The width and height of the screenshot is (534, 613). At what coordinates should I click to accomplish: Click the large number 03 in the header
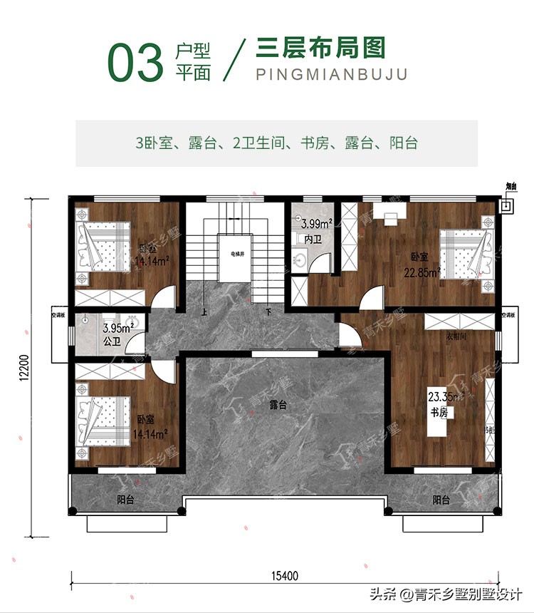(x=135, y=62)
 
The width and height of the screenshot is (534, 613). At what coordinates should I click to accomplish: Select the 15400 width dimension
(x=284, y=575)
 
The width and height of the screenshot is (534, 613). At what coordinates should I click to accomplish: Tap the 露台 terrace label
(x=278, y=405)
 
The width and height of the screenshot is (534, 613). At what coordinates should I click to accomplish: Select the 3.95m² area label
(x=118, y=329)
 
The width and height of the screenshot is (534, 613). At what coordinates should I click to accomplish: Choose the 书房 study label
(x=438, y=412)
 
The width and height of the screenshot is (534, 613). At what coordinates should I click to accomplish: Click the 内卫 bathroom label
(x=313, y=239)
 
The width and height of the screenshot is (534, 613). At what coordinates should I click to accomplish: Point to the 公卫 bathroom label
(x=111, y=343)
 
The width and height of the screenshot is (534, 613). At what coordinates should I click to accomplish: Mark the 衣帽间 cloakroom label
(x=456, y=336)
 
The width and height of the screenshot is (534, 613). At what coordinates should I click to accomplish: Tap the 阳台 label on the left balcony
(x=125, y=500)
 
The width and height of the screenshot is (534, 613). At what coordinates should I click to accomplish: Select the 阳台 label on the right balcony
(x=441, y=500)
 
